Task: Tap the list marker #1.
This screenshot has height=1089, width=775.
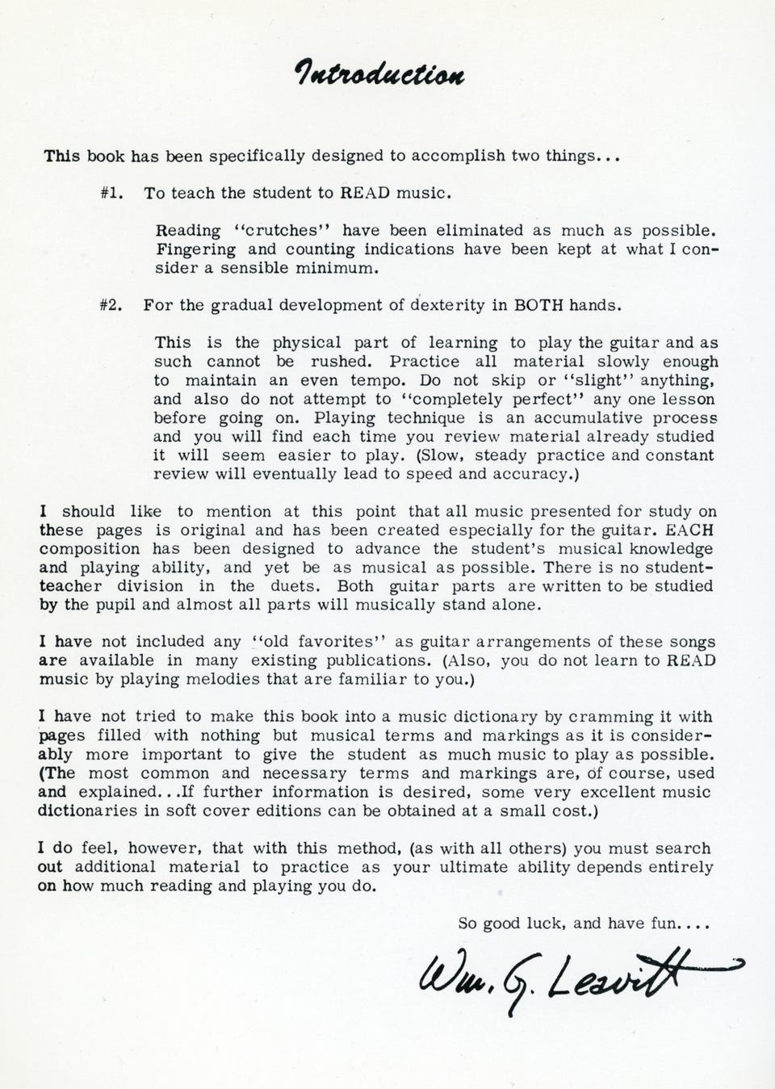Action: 111,194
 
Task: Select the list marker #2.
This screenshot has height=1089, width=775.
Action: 111,306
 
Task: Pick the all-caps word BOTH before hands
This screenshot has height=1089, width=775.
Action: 538,306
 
